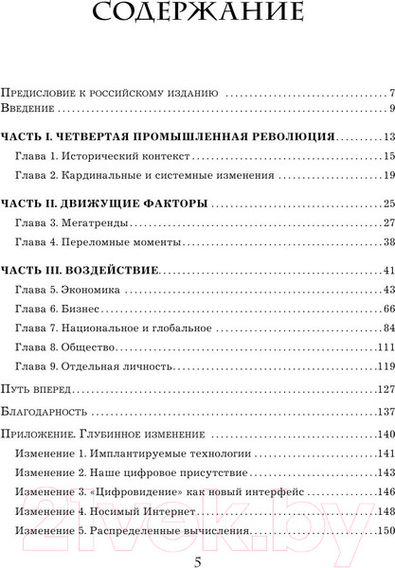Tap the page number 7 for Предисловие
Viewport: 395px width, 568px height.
pos(390,94)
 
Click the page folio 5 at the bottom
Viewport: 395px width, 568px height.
pos(197,559)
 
